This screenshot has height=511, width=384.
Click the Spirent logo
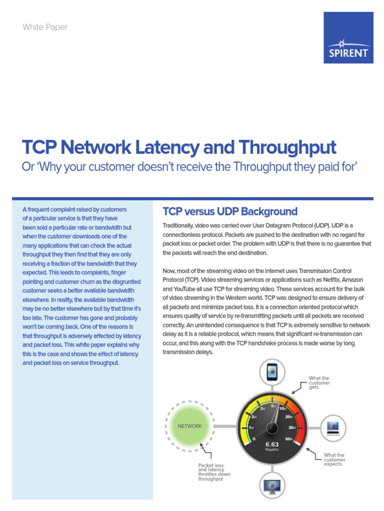[x=348, y=37]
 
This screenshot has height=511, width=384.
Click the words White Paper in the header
[x=45, y=27]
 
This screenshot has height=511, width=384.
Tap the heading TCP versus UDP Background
[x=230, y=211]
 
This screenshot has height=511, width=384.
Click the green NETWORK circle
[x=190, y=426]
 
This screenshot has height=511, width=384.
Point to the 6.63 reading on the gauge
[x=272, y=444]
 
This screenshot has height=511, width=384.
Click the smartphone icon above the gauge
[x=272, y=372]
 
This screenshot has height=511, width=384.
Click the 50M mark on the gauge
[x=289, y=439]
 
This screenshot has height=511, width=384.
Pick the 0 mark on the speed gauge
[x=254, y=439]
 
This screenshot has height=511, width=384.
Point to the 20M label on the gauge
[x=289, y=417]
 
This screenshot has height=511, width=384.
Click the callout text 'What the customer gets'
[x=319, y=383]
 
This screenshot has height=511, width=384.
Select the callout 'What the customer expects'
[x=334, y=460]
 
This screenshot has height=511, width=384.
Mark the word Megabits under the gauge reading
[x=272, y=450]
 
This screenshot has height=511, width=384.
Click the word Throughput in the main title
[x=287, y=147]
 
